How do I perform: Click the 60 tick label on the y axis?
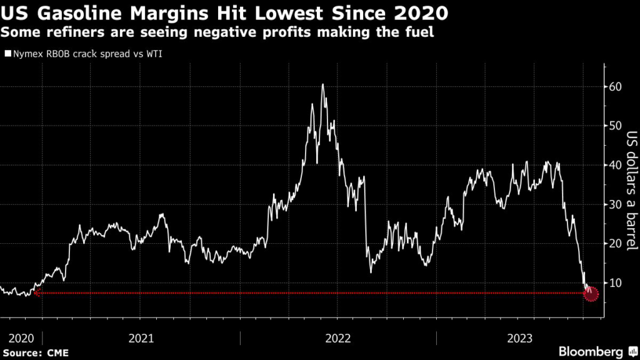615,86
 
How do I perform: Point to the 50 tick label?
615,126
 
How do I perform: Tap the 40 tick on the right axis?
615,165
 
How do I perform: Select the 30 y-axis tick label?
615,204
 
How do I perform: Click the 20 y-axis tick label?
615,244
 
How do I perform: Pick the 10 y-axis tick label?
615,282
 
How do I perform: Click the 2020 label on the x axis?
21,338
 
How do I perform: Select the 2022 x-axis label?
338,338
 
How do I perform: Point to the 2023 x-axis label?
520,338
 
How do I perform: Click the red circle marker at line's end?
591,293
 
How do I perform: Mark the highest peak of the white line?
322,84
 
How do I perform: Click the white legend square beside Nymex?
7,54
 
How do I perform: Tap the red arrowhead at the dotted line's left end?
37,292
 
